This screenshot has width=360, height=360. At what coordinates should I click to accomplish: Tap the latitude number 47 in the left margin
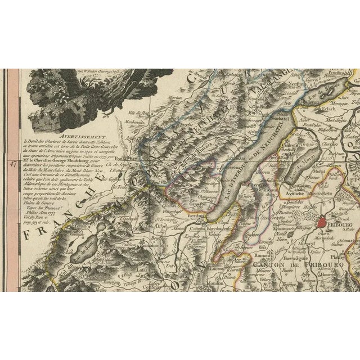[x=11, y=165]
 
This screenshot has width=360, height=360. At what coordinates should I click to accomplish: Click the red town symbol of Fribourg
[x=321, y=224]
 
